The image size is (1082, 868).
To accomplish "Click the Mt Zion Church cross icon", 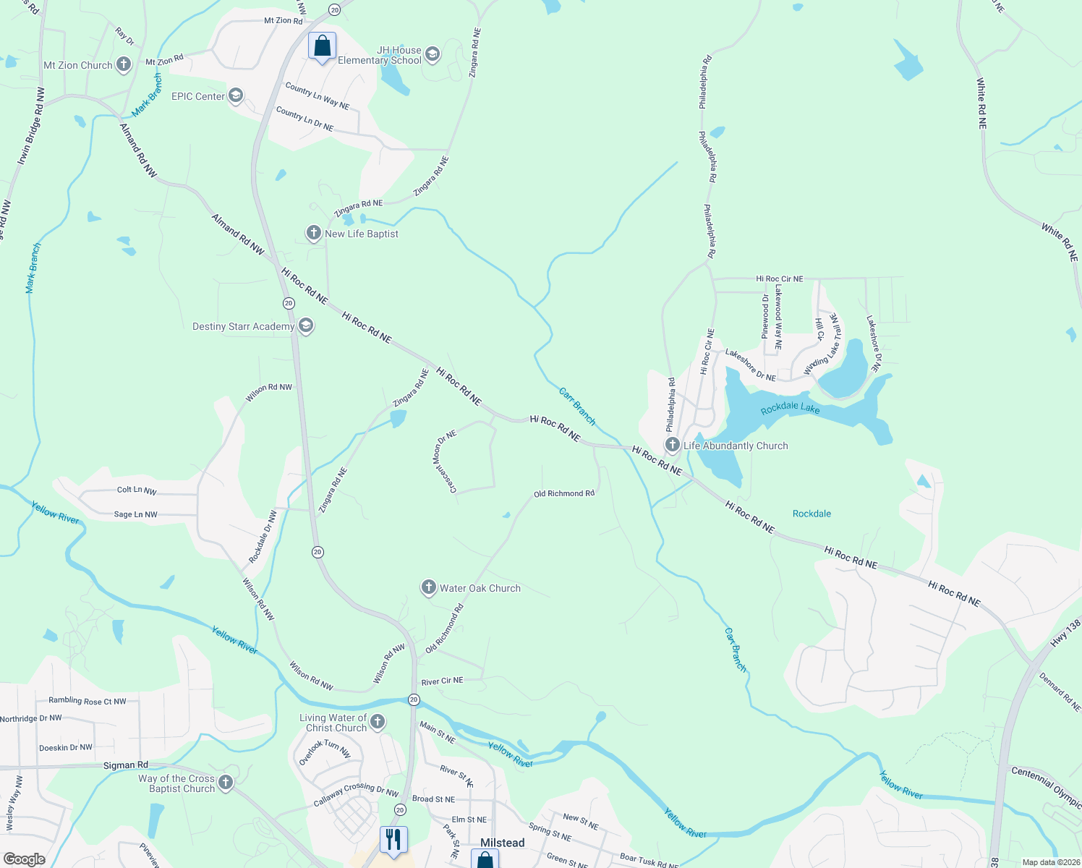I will [124, 65].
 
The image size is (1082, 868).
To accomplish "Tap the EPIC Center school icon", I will [235, 96].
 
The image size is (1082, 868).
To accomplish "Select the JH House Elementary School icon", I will [433, 55].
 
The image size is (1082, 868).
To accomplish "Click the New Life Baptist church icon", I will [313, 233].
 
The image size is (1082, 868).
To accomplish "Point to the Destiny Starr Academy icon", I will [305, 326].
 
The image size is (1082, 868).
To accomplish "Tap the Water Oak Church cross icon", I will [428, 587].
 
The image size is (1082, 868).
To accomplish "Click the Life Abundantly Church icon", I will [672, 445].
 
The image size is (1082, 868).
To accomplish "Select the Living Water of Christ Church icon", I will [378, 721].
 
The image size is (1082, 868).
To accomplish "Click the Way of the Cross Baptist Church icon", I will [226, 782].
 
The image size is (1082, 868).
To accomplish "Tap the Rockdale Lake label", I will [790, 409].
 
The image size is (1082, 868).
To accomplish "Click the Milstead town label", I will [502, 843].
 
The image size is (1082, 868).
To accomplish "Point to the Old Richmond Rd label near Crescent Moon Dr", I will [563, 493].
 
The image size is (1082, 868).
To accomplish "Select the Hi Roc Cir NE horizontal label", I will [779, 278].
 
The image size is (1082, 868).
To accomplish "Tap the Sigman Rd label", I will [125, 765].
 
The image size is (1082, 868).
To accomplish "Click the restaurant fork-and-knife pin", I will [393, 840].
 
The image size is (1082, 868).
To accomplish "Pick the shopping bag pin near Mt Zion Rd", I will [322, 46].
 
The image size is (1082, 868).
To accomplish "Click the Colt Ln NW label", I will [137, 490].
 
